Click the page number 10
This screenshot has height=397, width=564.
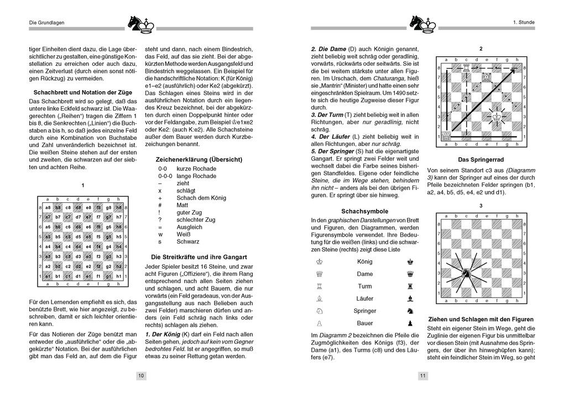tap(141, 376)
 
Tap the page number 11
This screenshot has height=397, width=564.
tap(422, 376)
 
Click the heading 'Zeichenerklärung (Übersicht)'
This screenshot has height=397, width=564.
tap(199, 159)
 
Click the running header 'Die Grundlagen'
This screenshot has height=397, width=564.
tap(47, 22)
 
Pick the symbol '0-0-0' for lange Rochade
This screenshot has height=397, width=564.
tap(165, 176)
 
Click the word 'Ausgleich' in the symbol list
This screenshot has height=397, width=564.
tap(190, 227)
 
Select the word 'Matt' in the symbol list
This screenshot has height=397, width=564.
tap(183, 205)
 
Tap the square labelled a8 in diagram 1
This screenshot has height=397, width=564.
tap(48, 208)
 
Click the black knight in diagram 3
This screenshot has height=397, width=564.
tap(467, 272)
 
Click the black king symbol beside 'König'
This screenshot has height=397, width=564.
tap(410, 262)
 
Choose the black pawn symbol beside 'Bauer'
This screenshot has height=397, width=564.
tap(410, 323)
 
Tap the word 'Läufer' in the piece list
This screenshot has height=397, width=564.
tap(364, 299)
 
